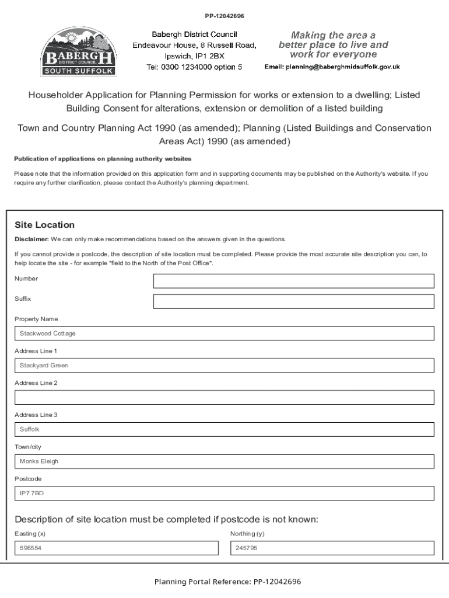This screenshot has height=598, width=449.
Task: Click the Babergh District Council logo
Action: coord(78,52)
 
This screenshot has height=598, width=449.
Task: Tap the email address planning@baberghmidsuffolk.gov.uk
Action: coord(332,67)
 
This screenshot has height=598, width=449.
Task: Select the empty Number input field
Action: coord(293,281)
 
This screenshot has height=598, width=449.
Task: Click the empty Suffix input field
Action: coord(293,301)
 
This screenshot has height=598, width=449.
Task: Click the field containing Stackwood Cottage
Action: coord(224,333)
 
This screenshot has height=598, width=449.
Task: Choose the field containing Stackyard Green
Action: coord(224,366)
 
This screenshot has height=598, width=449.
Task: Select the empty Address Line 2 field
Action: coord(224,398)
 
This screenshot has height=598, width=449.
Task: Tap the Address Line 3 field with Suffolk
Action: coord(224,429)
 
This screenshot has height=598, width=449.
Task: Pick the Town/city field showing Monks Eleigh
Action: coord(224,461)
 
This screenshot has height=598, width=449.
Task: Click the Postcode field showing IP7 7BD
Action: coord(224,493)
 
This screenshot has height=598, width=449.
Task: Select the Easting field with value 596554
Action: coord(116,548)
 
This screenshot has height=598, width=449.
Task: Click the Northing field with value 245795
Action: coord(332,548)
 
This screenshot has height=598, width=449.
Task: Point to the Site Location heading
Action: coord(44,225)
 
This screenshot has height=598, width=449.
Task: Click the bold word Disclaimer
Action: coord(31,239)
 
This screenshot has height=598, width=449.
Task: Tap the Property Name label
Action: coord(36,319)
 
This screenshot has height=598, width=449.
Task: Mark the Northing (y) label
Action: coord(251,534)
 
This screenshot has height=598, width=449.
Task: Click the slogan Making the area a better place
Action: coord(333,45)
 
